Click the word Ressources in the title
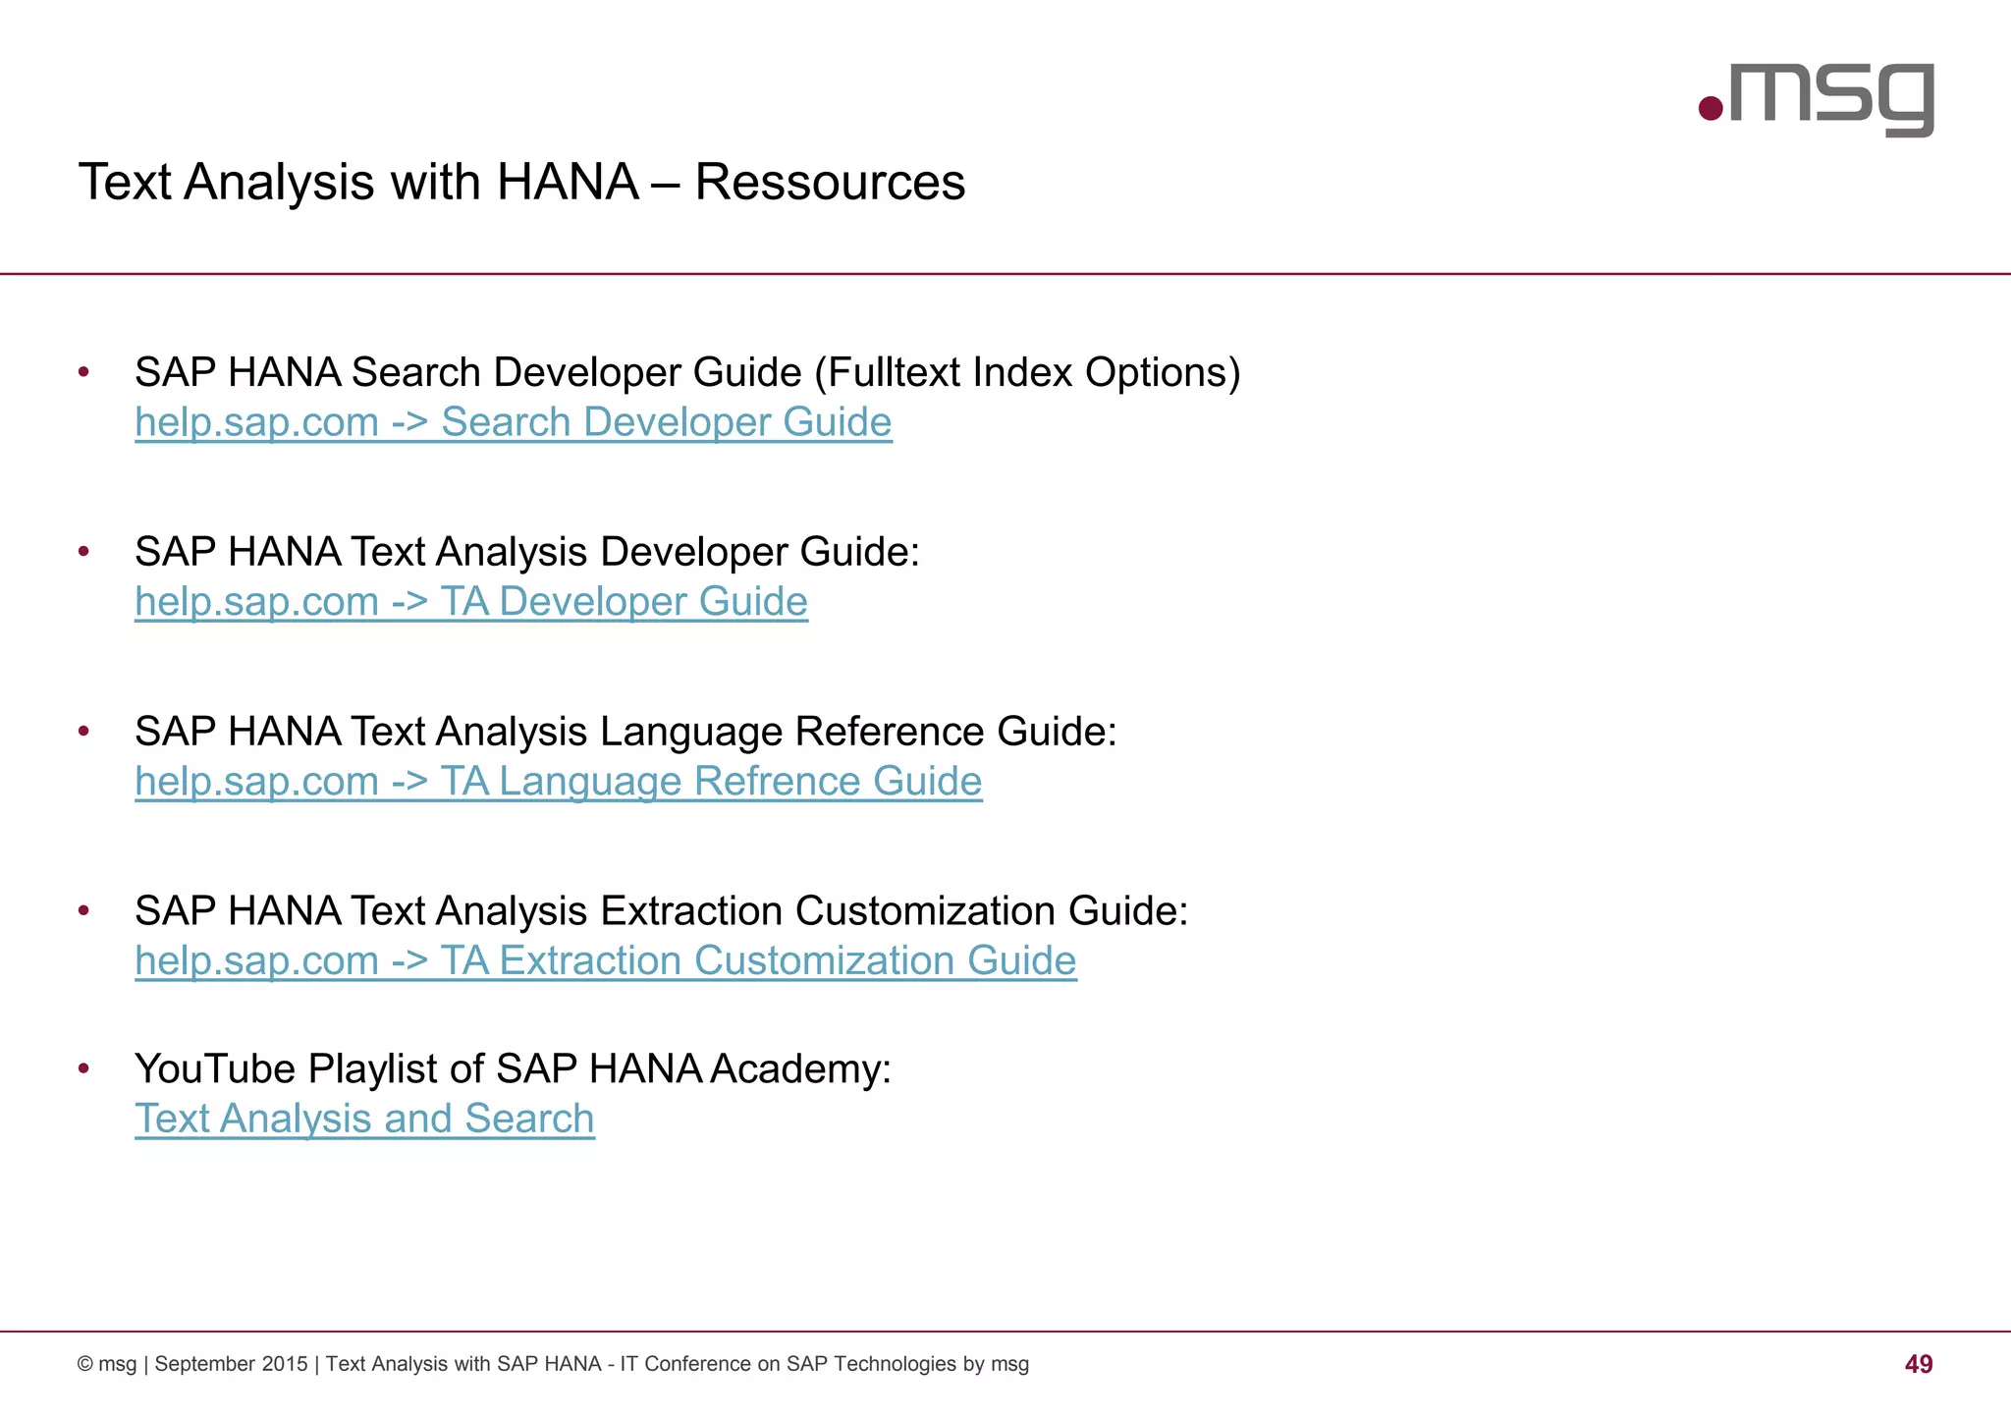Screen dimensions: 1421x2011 click(x=830, y=183)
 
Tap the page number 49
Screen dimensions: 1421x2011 click(x=1918, y=1364)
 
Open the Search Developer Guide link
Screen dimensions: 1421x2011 click(x=513, y=422)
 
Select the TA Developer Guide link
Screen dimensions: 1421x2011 click(x=471, y=602)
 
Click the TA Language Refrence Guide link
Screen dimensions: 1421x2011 click(x=558, y=782)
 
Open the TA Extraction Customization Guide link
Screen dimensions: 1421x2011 click(x=605, y=960)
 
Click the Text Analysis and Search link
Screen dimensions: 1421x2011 click(x=364, y=1119)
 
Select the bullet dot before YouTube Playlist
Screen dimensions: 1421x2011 click(x=84, y=1067)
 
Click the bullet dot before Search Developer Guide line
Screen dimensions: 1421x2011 click(x=84, y=372)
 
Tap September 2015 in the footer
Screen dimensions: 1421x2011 click(x=231, y=1364)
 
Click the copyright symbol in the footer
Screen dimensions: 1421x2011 click(x=85, y=1364)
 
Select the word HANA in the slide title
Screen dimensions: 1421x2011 click(x=568, y=183)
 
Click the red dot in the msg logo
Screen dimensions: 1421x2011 click(x=1711, y=108)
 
